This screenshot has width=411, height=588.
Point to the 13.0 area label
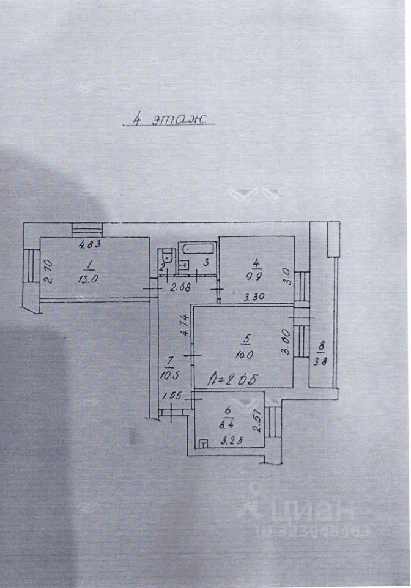[89, 276]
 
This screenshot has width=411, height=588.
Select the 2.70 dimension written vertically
[50, 271]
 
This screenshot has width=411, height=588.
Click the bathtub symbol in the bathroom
[197, 250]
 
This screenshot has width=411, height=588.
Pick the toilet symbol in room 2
[165, 256]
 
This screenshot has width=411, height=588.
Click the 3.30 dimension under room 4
[255, 298]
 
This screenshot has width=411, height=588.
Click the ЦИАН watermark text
[305, 508]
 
